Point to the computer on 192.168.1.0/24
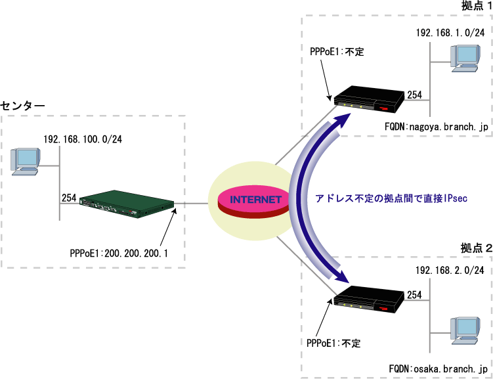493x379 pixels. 463,57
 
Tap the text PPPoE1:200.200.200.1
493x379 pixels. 119,252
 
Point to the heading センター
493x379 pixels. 23,105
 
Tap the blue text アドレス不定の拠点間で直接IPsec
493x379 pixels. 391,198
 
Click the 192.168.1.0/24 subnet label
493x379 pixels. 450,32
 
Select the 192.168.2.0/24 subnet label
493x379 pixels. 450,270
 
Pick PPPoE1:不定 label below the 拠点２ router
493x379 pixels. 333,342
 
